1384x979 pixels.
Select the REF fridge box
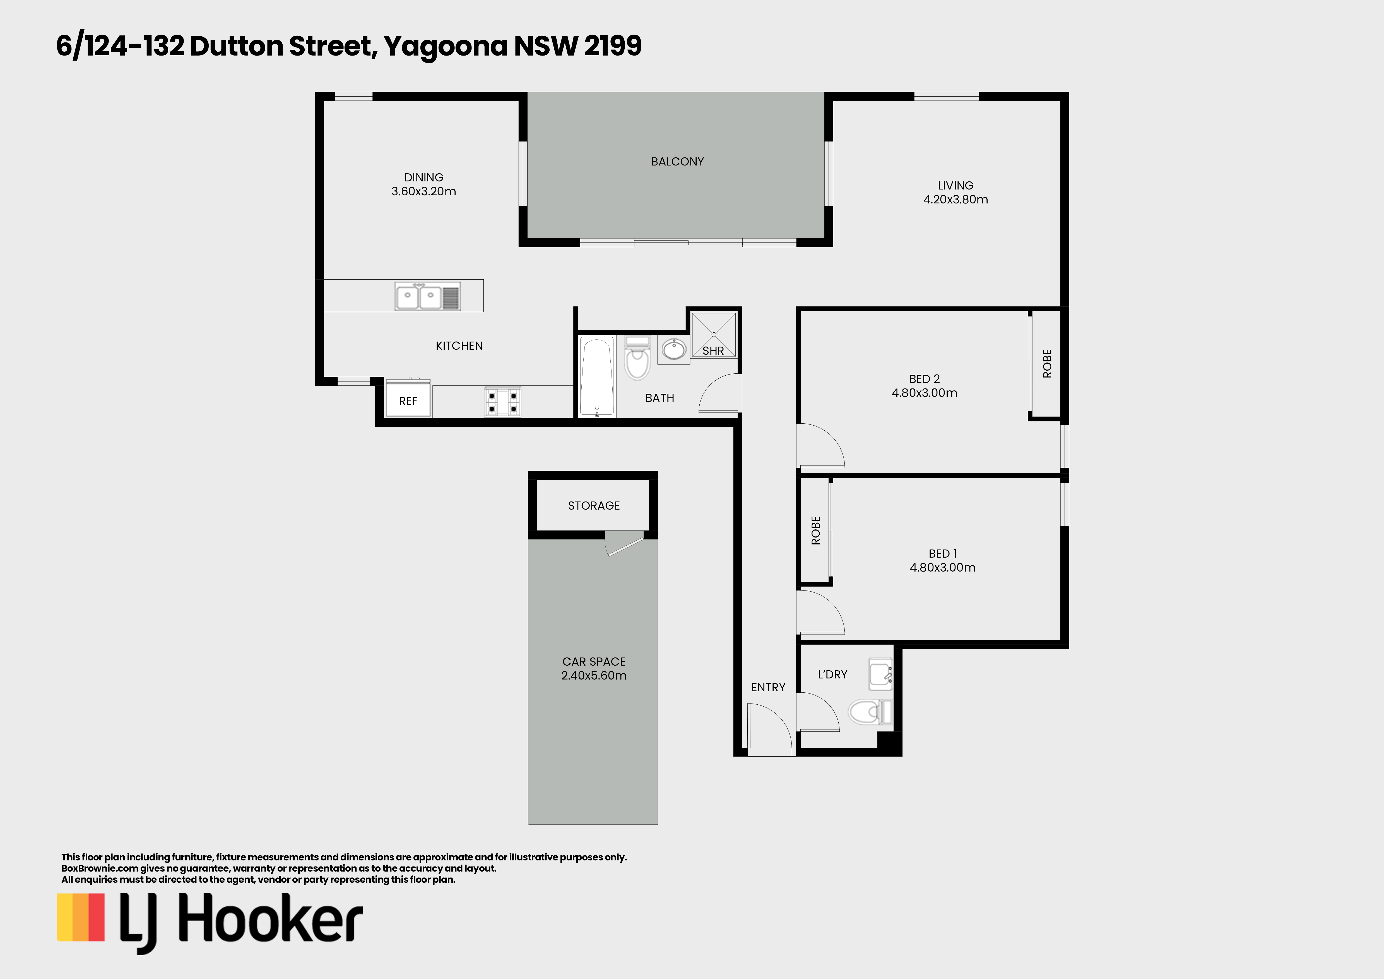tap(408, 399)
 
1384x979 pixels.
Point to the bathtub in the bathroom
tap(597, 376)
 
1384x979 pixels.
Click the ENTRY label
tap(768, 687)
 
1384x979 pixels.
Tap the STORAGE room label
tap(594, 506)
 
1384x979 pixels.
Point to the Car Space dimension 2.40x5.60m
tap(594, 676)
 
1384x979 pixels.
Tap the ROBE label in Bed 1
tap(815, 531)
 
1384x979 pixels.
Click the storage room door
tap(625, 544)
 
